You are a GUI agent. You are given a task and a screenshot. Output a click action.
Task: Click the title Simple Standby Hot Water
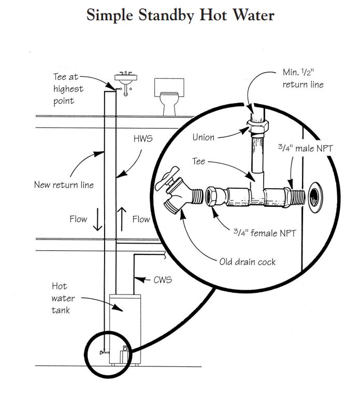click(x=180, y=16)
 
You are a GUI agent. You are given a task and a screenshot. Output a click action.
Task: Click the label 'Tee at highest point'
click(x=67, y=89)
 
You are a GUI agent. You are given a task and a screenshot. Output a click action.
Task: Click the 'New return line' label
click(x=63, y=184)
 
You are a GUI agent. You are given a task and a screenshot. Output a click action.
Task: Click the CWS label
click(x=163, y=280)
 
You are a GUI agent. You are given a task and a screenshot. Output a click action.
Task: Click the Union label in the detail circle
click(x=204, y=137)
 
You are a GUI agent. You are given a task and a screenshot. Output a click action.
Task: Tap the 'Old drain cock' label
click(x=248, y=262)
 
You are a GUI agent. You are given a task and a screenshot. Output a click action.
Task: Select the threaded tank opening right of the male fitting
click(x=315, y=197)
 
